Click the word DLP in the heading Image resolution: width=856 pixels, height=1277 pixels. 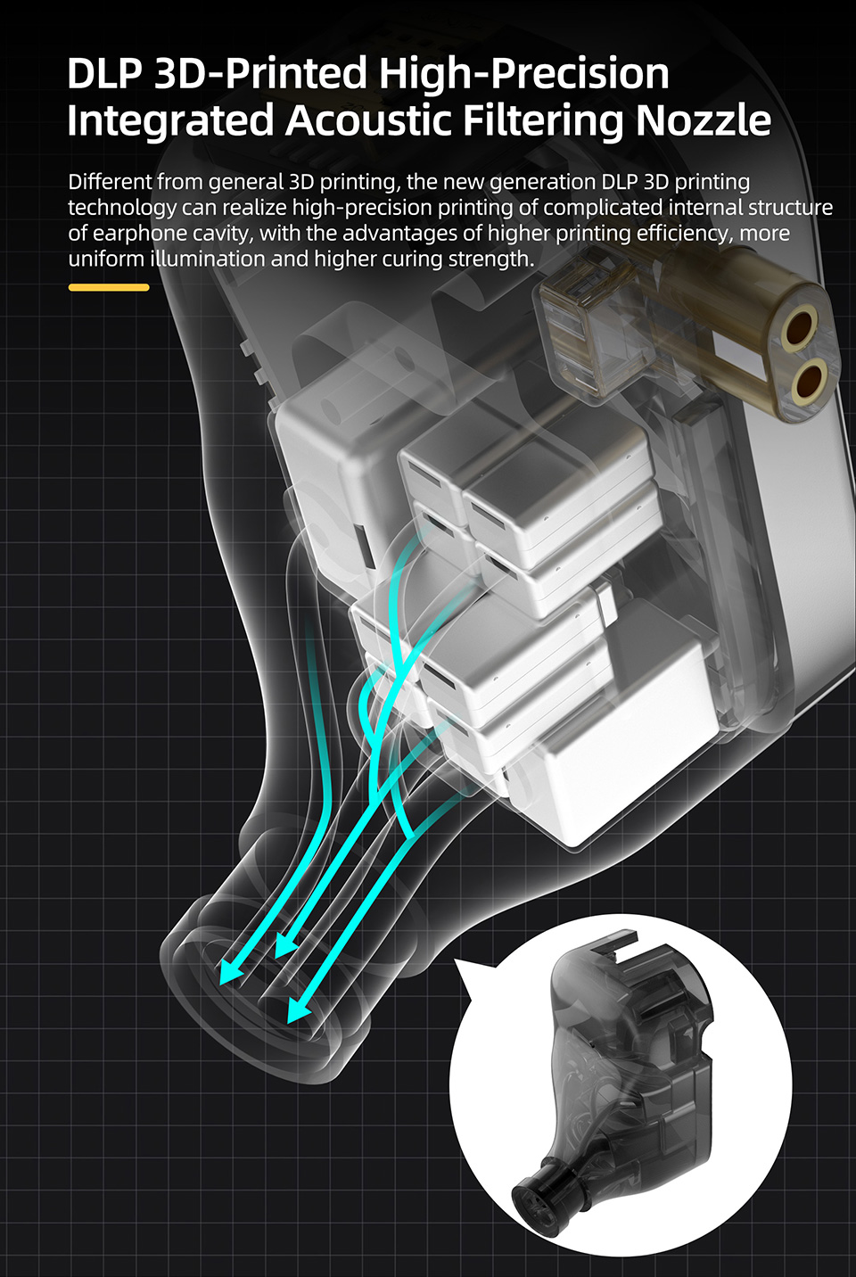(x=103, y=73)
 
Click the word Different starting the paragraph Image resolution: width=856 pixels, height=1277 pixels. (x=110, y=182)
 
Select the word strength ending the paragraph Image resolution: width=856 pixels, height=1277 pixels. (x=490, y=260)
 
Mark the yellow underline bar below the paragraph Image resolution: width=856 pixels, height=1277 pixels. (x=109, y=287)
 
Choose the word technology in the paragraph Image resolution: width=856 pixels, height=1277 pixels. (x=122, y=208)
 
